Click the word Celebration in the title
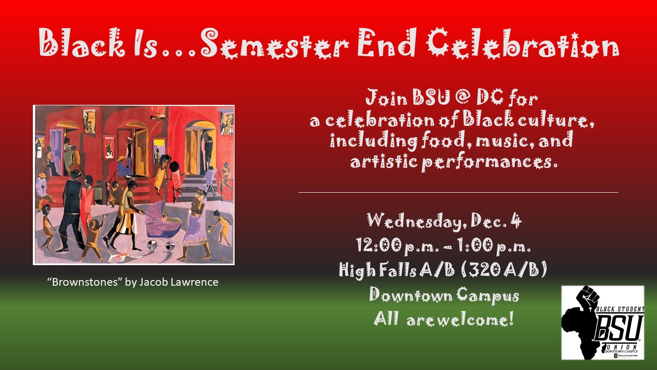coord(523,44)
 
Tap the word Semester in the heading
coord(275,44)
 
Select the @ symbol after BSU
coord(463,98)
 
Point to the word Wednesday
coord(416,221)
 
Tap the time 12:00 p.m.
coord(397,246)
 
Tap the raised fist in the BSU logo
coord(587,297)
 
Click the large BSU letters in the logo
coord(619,327)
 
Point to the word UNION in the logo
coord(622,346)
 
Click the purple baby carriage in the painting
coord(162,223)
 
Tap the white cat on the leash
coord(118,256)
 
